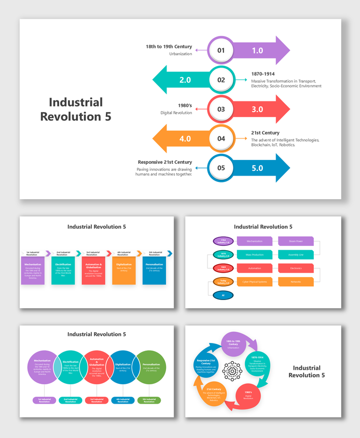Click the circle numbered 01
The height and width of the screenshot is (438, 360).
tap(221, 50)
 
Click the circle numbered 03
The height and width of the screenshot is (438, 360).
tap(221, 109)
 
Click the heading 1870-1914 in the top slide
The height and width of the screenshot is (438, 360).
tap(263, 74)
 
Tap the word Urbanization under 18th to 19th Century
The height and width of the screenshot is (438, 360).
tap(181, 54)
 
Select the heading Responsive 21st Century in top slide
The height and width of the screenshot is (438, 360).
tap(164, 162)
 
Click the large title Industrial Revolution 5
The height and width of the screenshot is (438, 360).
tap(76, 109)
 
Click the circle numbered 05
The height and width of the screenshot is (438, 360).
tap(221, 167)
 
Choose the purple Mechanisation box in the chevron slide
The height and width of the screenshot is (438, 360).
tap(33, 271)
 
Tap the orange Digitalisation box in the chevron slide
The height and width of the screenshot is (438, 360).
tap(124, 271)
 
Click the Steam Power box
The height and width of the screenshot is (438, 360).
tap(296, 242)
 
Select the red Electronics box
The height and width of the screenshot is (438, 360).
tap(296, 268)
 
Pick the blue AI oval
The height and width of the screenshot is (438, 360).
tap(223, 295)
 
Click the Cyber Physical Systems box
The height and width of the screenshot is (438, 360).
tap(254, 281)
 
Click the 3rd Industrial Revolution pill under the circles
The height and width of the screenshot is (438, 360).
tap(97, 400)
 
